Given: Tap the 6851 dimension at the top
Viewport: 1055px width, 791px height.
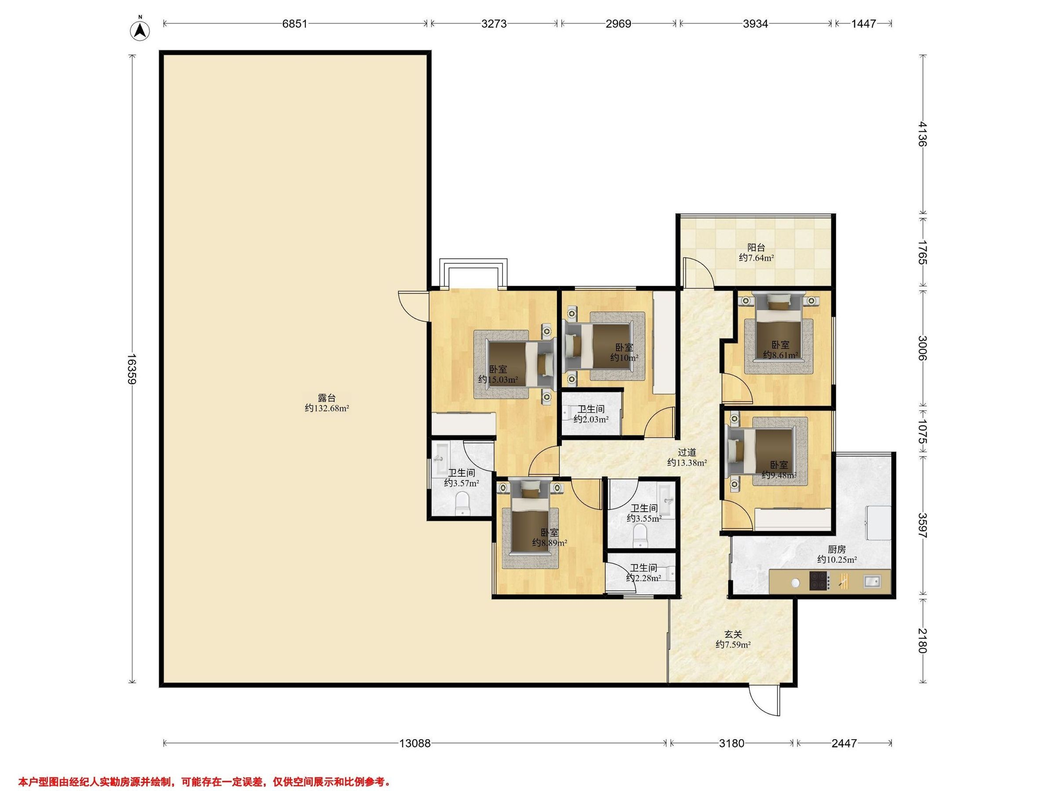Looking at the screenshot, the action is [295, 23].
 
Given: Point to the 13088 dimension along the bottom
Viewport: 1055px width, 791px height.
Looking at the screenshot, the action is [415, 743].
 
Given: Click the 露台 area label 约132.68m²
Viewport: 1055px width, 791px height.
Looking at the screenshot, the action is [327, 408].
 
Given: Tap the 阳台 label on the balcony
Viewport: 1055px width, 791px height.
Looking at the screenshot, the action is [756, 247].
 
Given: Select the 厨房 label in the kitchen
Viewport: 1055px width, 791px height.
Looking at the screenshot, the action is [837, 549].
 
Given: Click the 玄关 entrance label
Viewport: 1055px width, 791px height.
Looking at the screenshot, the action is [733, 635].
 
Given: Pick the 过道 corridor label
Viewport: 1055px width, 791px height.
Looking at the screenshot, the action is [687, 452].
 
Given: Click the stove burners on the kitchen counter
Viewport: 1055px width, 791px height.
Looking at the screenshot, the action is [819, 581].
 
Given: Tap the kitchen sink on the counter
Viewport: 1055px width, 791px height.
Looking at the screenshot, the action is [871, 581].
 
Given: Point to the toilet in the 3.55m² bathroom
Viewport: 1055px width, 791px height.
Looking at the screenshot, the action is [639, 537].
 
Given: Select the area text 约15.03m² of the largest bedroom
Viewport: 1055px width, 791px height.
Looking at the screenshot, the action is [498, 380].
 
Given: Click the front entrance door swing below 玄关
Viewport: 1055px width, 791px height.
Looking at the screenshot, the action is [765, 701].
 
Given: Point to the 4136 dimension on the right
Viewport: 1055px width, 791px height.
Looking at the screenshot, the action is [923, 134].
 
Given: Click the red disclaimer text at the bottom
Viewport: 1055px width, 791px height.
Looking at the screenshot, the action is [204, 768].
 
